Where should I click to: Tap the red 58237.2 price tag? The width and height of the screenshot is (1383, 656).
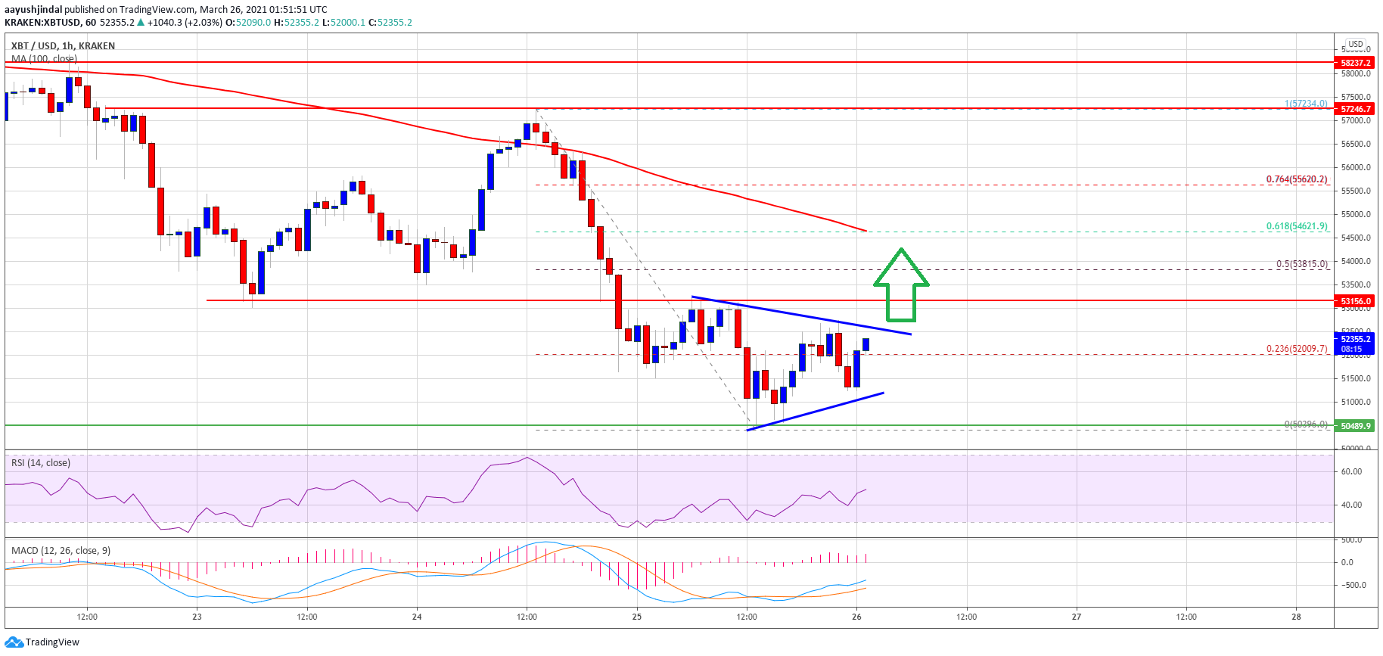pyautogui.click(x=1356, y=63)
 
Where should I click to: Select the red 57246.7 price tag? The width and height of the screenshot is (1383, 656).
pyautogui.click(x=1356, y=109)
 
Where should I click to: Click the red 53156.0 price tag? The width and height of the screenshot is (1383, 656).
pyautogui.click(x=1356, y=301)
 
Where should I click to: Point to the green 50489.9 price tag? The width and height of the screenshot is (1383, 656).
pyautogui.click(x=1356, y=426)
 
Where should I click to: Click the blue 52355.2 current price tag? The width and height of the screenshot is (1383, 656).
pyautogui.click(x=1356, y=344)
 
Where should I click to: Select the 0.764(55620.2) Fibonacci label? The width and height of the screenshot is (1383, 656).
pyautogui.click(x=1297, y=179)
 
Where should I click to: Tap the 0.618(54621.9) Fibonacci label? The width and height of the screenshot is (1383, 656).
pyautogui.click(x=1297, y=226)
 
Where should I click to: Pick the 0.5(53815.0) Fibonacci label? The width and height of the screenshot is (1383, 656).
pyautogui.click(x=1302, y=264)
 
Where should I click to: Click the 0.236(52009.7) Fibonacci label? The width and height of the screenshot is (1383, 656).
pyautogui.click(x=1297, y=349)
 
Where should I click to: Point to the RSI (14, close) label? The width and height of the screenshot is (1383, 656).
pyautogui.click(x=41, y=463)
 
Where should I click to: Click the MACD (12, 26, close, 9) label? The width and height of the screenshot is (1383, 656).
pyautogui.click(x=61, y=550)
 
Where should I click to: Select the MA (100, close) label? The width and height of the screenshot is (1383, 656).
pyautogui.click(x=44, y=58)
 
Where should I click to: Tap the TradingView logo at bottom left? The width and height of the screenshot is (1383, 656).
pyautogui.click(x=42, y=642)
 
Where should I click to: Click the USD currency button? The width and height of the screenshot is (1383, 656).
pyautogui.click(x=1356, y=44)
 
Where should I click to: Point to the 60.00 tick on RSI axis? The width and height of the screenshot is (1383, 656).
pyautogui.click(x=1351, y=471)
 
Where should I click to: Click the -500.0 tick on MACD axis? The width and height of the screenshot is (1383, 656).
pyautogui.click(x=1352, y=585)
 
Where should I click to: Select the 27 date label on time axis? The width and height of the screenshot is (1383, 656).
pyautogui.click(x=1076, y=617)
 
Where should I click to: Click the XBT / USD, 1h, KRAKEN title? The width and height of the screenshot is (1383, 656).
pyautogui.click(x=63, y=46)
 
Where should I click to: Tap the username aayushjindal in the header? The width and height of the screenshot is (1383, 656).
pyautogui.click(x=33, y=10)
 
